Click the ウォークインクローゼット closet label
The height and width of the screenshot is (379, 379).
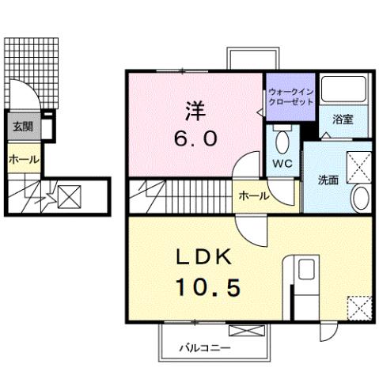click(x=291, y=97)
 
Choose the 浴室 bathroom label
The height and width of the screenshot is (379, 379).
click(x=342, y=119)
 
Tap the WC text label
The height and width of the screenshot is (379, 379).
click(x=282, y=164)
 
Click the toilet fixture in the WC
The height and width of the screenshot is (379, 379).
click(x=282, y=142)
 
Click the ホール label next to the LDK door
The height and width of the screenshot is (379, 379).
click(x=252, y=195)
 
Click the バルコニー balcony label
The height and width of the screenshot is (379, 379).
click(x=204, y=347)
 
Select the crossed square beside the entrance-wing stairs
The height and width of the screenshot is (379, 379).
click(x=70, y=194)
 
